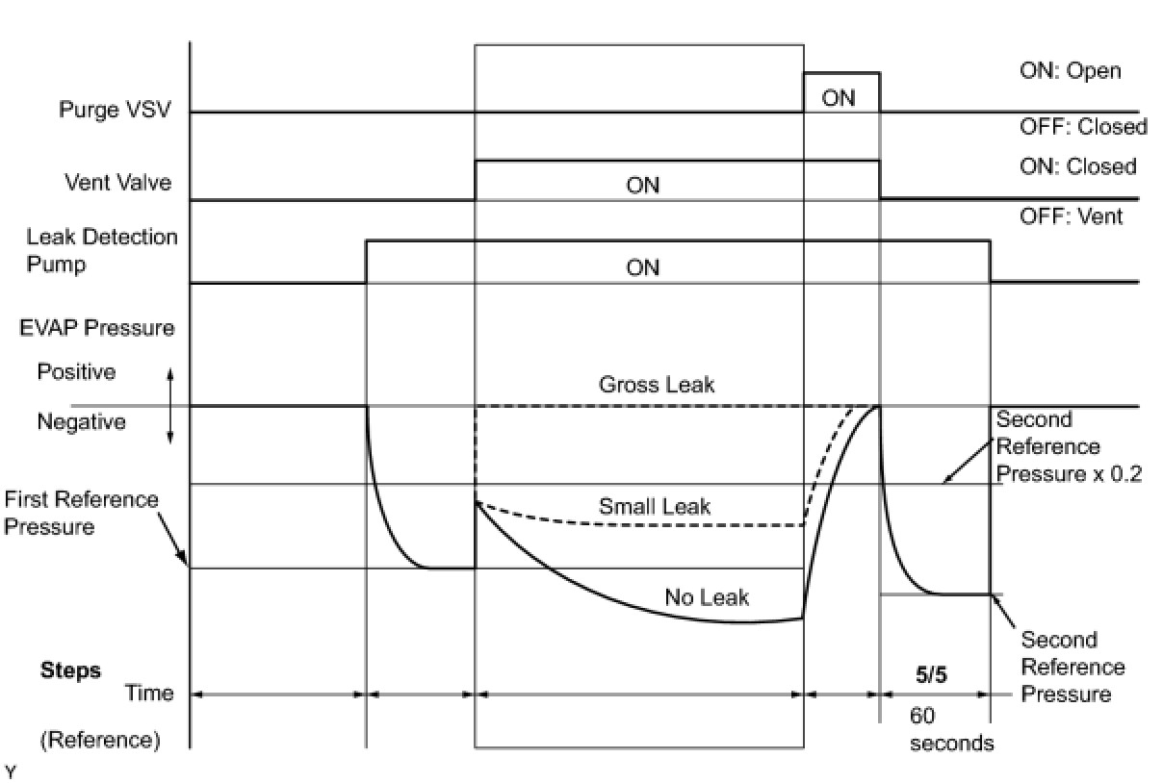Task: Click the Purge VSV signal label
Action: click(x=115, y=110)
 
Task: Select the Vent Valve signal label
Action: click(x=117, y=182)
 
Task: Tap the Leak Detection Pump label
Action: click(x=102, y=250)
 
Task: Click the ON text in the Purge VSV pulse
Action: click(x=839, y=97)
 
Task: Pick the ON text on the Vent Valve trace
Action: click(x=642, y=185)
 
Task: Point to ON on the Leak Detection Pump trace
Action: click(x=642, y=267)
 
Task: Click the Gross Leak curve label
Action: click(x=657, y=385)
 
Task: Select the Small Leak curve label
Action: click(x=655, y=506)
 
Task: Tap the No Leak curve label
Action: click(x=707, y=597)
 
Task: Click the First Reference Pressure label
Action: click(x=81, y=513)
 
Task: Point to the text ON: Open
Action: click(x=1071, y=71)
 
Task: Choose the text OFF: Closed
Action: click(x=1083, y=127)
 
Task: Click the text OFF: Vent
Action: click(x=1071, y=216)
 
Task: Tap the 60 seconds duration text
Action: click(x=951, y=730)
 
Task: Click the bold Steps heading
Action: click(x=70, y=670)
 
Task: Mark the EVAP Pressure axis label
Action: click(x=97, y=327)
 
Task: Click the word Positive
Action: click(x=76, y=371)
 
